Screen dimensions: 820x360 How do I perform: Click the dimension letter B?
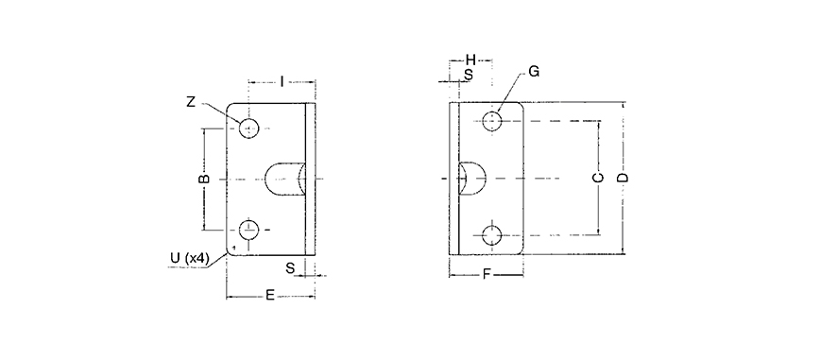(x=205, y=179)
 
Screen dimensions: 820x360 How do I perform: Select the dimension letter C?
(x=599, y=178)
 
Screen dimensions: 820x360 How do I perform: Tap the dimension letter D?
(x=623, y=178)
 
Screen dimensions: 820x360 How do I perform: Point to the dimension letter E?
(x=270, y=296)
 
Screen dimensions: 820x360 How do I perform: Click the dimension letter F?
(x=487, y=275)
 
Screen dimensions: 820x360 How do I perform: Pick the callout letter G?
(x=534, y=72)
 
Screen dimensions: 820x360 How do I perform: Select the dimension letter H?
(x=470, y=60)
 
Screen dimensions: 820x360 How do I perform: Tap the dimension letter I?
(x=282, y=81)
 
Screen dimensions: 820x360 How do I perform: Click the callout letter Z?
(x=191, y=102)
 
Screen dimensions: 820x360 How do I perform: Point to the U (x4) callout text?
(x=190, y=258)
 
